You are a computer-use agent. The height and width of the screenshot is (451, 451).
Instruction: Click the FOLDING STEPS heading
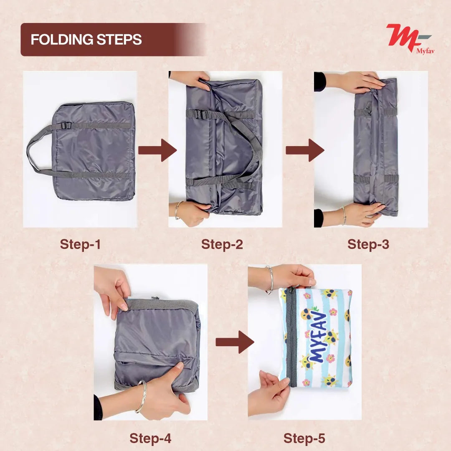click(x=86, y=40)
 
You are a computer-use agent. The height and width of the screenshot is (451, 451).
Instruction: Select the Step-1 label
click(x=80, y=244)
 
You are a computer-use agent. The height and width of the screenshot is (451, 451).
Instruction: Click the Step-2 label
click(x=222, y=244)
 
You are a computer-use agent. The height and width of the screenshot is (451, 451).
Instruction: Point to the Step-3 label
click(x=368, y=244)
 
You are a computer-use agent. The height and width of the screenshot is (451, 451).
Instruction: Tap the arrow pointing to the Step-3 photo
click(x=304, y=150)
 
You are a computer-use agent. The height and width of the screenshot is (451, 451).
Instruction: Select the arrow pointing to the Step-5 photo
click(x=235, y=342)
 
